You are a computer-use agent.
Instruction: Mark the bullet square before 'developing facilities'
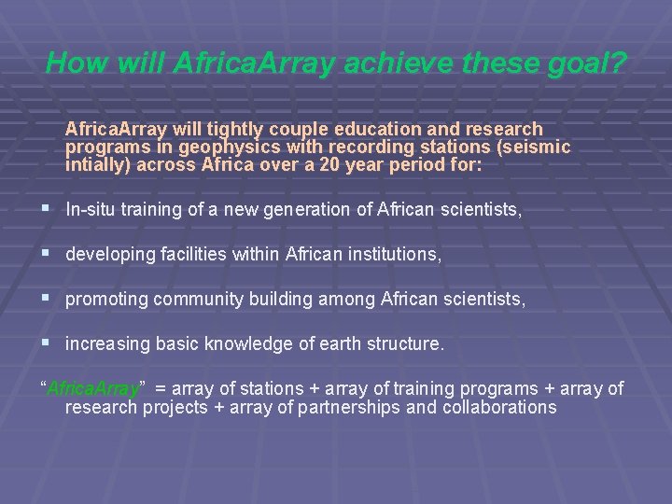click(x=47, y=254)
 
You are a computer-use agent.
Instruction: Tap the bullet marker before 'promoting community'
click(x=47, y=299)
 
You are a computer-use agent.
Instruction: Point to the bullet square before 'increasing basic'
click(x=47, y=343)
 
